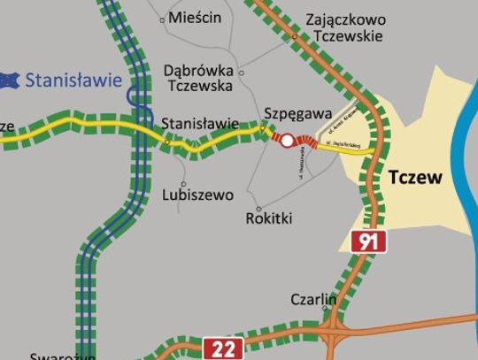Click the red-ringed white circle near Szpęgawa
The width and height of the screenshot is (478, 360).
coord(286,140)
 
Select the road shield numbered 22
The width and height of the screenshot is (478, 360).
coord(225,348)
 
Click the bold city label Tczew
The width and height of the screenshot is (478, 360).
coord(414,178)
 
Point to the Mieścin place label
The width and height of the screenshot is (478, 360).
coord(194,17)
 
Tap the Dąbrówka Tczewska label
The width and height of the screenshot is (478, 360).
coord(198,78)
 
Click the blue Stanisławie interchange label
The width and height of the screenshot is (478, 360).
coord(73,80)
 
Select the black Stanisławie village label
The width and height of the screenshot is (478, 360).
coord(200,124)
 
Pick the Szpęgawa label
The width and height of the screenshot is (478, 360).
coord(297,113)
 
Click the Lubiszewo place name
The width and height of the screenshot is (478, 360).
coord(198,195)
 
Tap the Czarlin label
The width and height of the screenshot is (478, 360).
coord(313,300)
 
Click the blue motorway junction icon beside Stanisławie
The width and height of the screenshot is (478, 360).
coord(11,80)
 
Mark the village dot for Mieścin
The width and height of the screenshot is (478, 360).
coord(162,19)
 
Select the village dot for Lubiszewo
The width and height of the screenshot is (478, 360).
coord(183,184)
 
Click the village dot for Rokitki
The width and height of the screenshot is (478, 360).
coord(246,210)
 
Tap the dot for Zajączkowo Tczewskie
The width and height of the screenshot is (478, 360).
coord(295,36)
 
